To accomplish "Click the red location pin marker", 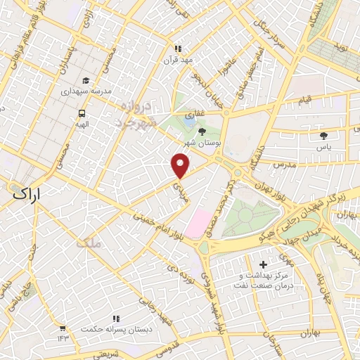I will [181, 165].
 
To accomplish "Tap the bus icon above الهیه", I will [82, 112].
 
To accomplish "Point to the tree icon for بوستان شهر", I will [203, 131].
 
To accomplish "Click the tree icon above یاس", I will [323, 136].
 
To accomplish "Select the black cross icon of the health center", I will [264, 265].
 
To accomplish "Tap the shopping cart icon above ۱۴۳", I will [63, 328].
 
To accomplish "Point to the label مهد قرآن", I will [178, 60].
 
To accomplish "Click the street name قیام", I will [305, 101].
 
